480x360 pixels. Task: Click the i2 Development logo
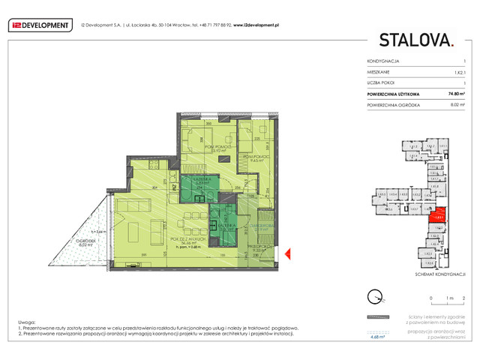(40, 25)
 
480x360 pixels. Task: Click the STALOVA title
(415, 40)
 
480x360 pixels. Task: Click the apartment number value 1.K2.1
(459, 71)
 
